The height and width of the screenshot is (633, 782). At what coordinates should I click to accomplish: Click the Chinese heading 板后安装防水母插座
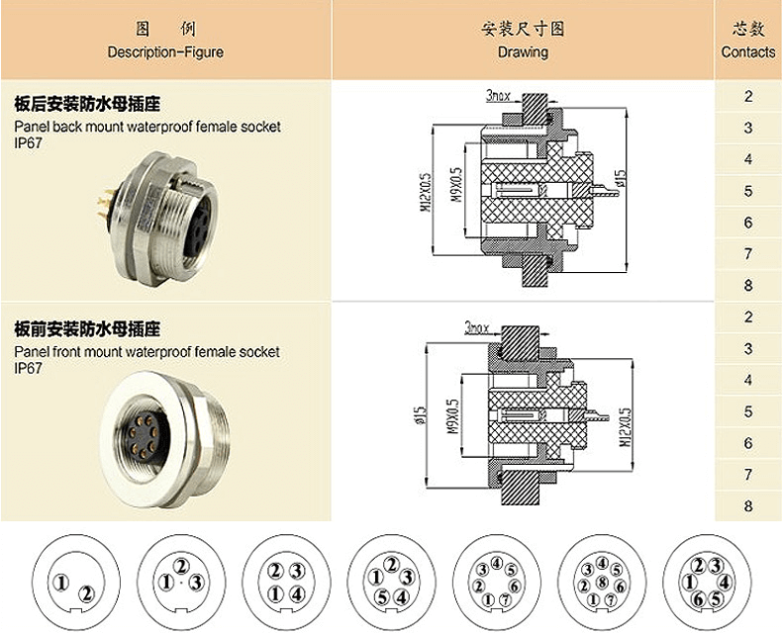[87, 104]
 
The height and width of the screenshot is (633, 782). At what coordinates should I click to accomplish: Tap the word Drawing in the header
[522, 51]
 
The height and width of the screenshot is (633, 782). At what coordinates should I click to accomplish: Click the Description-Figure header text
[165, 51]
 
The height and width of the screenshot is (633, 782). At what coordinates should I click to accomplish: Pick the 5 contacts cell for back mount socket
[748, 191]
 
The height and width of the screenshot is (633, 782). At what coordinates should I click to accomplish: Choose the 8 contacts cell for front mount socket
[748, 505]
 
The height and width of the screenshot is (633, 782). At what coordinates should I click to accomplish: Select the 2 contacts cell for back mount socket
[748, 96]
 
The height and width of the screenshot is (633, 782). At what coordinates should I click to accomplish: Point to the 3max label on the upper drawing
[499, 96]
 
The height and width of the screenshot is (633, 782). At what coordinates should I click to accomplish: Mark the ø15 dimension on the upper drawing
[621, 179]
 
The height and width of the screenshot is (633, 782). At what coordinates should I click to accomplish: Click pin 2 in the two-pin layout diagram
[86, 593]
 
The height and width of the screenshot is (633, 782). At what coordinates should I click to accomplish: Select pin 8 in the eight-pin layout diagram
[602, 583]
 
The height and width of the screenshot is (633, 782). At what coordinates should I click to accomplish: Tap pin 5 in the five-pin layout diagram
[381, 596]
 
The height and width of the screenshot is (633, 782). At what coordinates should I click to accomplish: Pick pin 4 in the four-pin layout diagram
[296, 593]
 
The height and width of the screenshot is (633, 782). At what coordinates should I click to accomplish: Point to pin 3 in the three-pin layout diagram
[196, 582]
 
